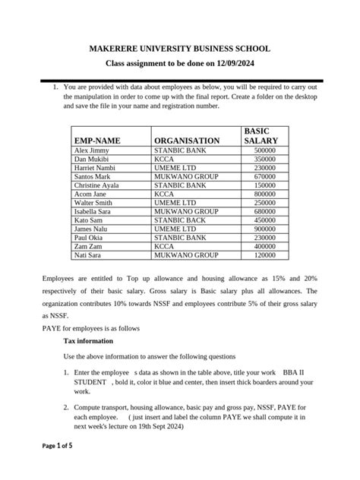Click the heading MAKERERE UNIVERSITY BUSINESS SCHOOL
click(180, 49)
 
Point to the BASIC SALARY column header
click(261, 136)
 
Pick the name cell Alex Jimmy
click(91, 151)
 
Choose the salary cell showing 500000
click(265, 151)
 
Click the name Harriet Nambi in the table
click(95, 168)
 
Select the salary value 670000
click(265, 177)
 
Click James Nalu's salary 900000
click(265, 228)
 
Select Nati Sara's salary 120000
click(265, 254)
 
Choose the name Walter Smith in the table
click(93, 203)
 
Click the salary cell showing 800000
click(265, 194)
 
